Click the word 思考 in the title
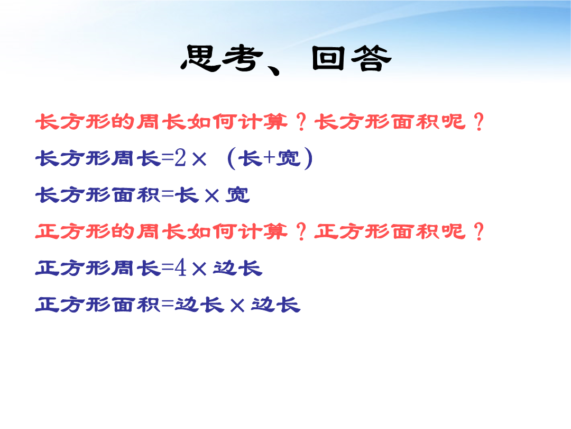tap(222, 58)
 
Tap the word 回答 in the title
tap(352, 58)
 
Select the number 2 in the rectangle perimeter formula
tap(180, 158)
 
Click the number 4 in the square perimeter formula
tap(180, 268)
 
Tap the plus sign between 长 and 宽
tap(270, 158)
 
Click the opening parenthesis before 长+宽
tap(231, 158)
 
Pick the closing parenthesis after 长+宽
tap(308, 158)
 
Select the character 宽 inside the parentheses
tap(289, 158)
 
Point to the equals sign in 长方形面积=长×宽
tap(168, 194)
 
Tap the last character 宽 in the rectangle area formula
tap(238, 194)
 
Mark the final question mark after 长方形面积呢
tap(479, 121)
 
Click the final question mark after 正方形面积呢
tap(479, 231)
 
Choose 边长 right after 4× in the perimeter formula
tap(238, 268)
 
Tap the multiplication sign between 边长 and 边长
tap(237, 306)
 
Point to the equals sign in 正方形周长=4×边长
tap(168, 268)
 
